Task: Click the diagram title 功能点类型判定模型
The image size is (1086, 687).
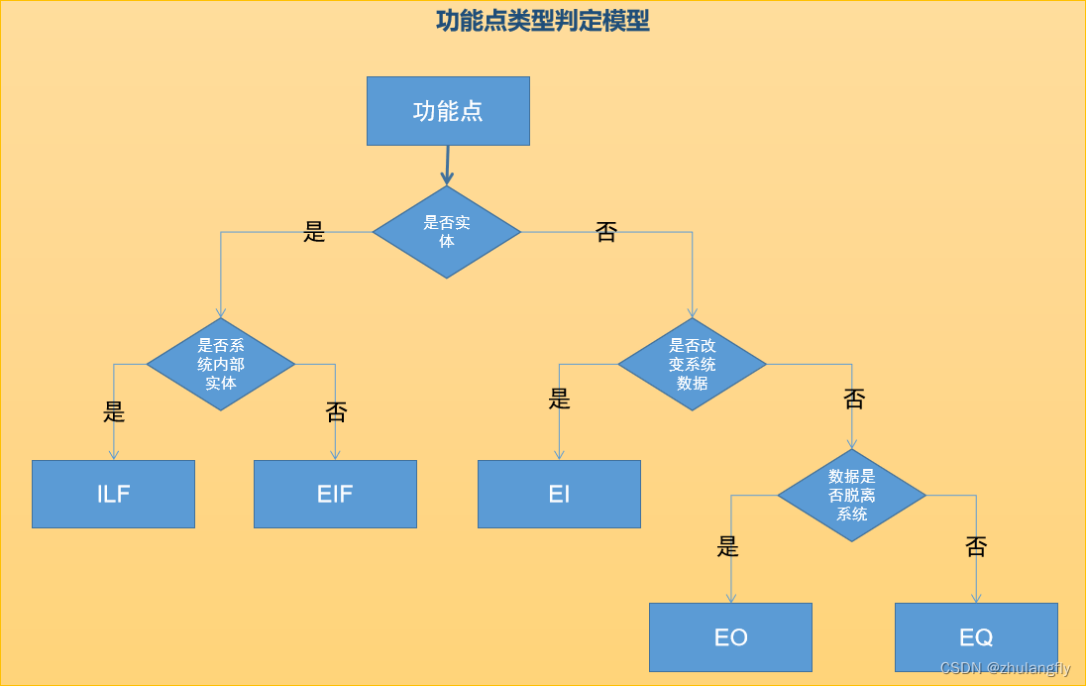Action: coord(542,21)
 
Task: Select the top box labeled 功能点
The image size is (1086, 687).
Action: coord(448,111)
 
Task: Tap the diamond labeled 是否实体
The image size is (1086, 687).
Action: coord(447,232)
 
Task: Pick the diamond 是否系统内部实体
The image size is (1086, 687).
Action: coord(221,364)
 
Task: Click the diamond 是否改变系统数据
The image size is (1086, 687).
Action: coord(693,364)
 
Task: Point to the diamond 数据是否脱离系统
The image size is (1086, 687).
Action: coord(852,495)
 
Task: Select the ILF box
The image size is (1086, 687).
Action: coord(113,494)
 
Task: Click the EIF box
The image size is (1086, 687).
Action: coord(335,494)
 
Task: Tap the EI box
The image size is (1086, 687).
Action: coord(559,494)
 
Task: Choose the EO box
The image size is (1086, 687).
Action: coord(730,637)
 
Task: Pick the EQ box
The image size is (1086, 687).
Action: coord(976,637)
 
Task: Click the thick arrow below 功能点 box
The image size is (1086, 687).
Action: coord(447,166)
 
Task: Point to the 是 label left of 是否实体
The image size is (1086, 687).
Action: coord(314,233)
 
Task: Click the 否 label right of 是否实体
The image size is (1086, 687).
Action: coord(605,233)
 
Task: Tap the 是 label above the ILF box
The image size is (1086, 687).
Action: coord(114,411)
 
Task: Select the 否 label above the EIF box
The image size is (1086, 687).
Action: coord(337,411)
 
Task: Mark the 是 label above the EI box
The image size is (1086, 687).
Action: coord(560,399)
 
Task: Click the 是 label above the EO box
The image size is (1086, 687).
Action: coord(728,546)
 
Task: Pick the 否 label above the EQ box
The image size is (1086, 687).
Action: coord(976,546)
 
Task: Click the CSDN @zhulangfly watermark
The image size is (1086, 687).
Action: coord(1005,669)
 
